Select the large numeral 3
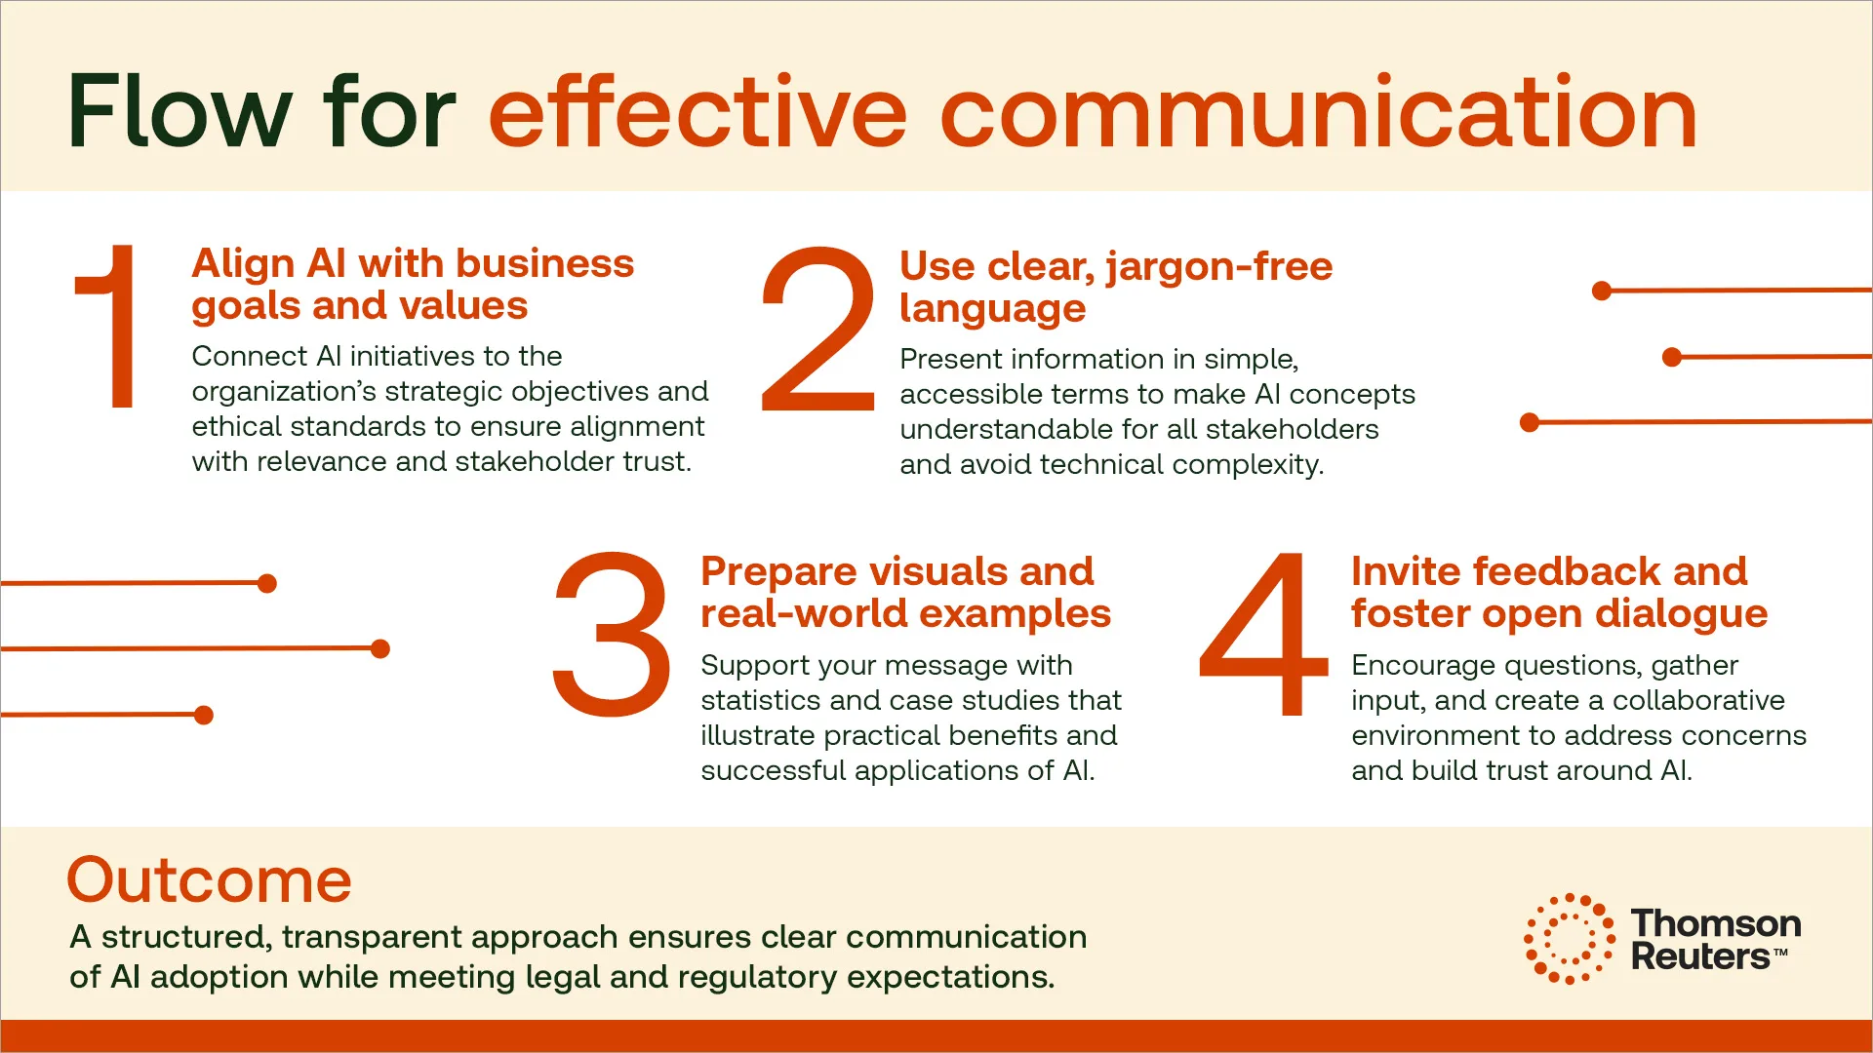tap(612, 634)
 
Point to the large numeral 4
tap(1263, 634)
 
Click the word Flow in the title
tap(179, 112)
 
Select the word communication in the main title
tap(1318, 112)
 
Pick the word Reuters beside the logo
tap(1700, 956)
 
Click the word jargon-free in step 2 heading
tap(1218, 267)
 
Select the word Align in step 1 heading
tap(243, 264)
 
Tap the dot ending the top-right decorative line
tap(1601, 291)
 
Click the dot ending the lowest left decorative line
tap(204, 715)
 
